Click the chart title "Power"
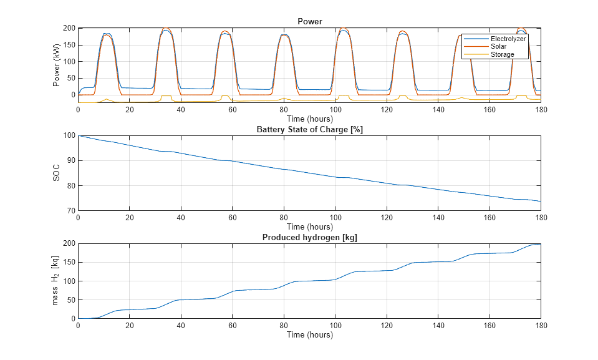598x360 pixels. point(309,21)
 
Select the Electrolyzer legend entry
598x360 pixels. point(508,39)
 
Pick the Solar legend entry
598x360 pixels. point(499,47)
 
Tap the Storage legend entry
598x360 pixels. point(502,54)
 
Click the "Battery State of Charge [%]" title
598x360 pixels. point(309,129)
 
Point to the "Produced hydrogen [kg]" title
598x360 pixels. point(309,237)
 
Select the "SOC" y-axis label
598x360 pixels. point(57,173)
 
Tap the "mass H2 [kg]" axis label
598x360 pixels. point(57,281)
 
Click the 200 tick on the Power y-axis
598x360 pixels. point(69,28)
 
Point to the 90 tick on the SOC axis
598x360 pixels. point(70,160)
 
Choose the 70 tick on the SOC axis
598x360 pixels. point(70,210)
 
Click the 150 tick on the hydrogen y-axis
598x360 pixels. point(69,262)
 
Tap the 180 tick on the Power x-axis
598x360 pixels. point(541,110)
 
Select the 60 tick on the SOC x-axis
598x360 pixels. point(232,218)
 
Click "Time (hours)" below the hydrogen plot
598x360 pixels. point(309,334)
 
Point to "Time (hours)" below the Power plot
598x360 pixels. point(309,119)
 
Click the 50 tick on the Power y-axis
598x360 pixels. point(70,78)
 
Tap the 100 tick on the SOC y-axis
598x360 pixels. point(69,135)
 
